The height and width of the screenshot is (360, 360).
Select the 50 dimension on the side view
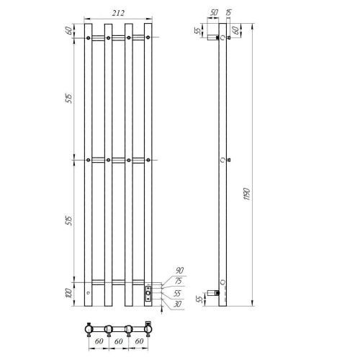coord(214,12)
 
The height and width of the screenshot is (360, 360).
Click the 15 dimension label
coord(229,12)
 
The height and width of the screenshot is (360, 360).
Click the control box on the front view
coord(148,292)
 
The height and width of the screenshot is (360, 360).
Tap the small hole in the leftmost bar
coord(88,294)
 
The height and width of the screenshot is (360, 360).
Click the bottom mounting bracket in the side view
coord(213,292)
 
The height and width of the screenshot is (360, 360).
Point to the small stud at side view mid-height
coord(228,159)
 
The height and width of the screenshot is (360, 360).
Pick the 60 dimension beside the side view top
coord(235,32)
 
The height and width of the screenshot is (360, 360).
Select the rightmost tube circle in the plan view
coord(148,330)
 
